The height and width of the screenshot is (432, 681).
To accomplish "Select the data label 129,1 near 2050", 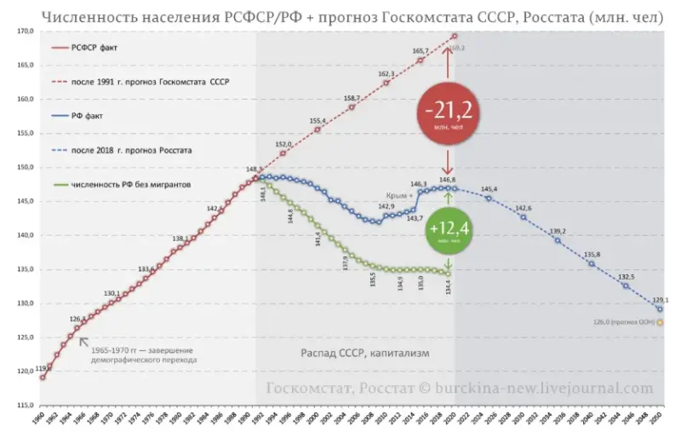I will pyautogui.click(x=661, y=300).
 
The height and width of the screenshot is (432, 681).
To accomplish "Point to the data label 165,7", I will pyautogui.click(x=421, y=51).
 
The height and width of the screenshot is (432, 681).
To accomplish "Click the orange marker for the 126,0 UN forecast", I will pyautogui.click(x=660, y=323).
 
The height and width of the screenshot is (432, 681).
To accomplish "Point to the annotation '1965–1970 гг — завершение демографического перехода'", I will pyautogui.click(x=143, y=355).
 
